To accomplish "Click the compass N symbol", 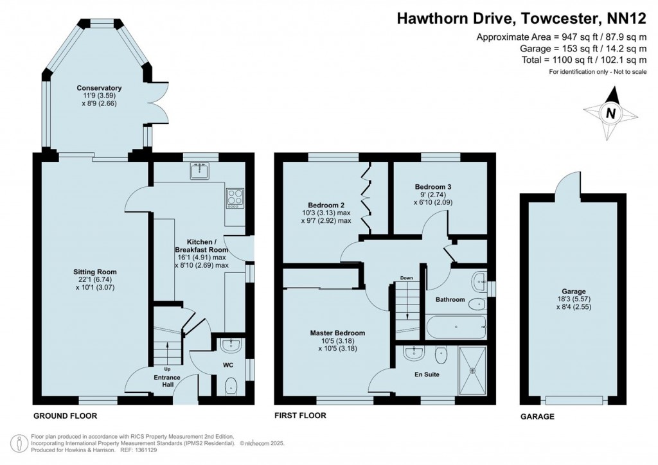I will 611,114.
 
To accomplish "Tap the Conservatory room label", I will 99,88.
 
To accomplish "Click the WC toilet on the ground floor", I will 231,385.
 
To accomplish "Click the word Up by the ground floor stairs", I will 167,369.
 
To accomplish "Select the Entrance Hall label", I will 167,380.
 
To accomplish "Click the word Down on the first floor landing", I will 407,278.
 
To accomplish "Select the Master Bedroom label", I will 337,333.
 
